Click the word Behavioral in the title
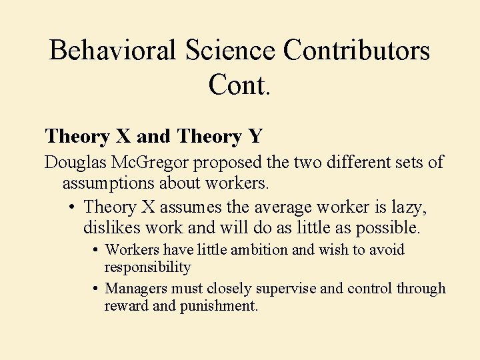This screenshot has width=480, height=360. point(112,51)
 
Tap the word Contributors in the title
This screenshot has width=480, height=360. point(357,51)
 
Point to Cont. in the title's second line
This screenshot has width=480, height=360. point(239,85)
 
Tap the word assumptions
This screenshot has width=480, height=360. point(107,182)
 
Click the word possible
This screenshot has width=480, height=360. point(389,227)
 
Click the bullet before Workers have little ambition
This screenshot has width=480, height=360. point(97,250)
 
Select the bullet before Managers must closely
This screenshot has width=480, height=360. point(97,289)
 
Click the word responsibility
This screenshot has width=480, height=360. point(147,267)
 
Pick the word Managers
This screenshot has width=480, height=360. point(137,289)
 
